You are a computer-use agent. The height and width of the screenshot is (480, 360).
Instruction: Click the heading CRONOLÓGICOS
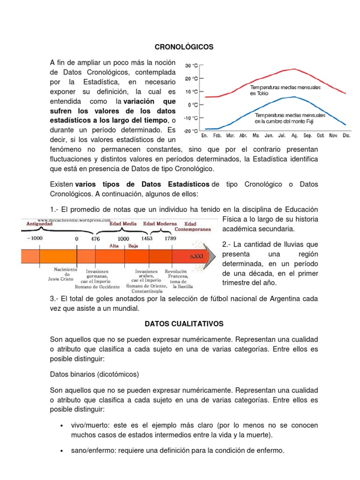tap(184, 47)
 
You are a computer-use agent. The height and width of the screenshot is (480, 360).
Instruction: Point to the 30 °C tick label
tap(192, 66)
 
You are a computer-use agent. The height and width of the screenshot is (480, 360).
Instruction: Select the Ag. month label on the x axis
tap(294, 136)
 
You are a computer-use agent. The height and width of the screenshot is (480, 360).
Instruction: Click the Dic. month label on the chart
tap(346, 136)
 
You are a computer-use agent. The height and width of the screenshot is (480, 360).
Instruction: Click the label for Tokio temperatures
tap(285, 90)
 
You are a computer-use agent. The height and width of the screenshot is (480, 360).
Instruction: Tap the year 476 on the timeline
tap(96, 238)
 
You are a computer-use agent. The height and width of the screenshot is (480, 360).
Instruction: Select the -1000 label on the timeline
tap(34, 238)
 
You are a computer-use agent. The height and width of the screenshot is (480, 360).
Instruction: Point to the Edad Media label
tap(123, 224)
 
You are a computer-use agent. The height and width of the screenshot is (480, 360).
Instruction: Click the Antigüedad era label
tap(36, 224)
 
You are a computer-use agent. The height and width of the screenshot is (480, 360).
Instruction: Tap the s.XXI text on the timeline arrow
tap(196, 257)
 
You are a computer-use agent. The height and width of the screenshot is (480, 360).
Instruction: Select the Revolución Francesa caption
tap(177, 277)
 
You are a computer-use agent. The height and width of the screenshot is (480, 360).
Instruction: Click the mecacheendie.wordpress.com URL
tap(74, 219)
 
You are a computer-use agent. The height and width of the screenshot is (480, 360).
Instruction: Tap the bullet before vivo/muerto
tap(62, 426)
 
